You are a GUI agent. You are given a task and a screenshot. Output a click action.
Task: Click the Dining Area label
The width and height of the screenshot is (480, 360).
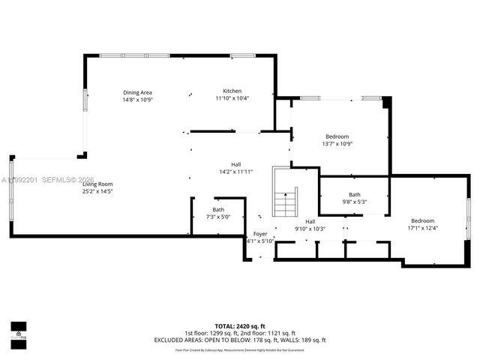pyautogui.click(x=137, y=92)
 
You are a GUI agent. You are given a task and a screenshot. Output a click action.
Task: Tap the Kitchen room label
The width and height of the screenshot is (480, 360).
pyautogui.click(x=232, y=91)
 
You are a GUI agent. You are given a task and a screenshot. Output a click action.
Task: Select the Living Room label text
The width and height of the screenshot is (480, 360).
pyautogui.click(x=97, y=184)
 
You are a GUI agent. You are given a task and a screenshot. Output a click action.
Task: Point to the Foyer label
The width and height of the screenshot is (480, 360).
pyautogui.click(x=260, y=234)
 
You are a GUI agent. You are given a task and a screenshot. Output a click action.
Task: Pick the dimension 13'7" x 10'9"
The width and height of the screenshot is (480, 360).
pyautogui.click(x=337, y=143)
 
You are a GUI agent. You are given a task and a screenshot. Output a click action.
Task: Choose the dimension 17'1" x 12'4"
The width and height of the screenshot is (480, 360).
pyautogui.click(x=422, y=228)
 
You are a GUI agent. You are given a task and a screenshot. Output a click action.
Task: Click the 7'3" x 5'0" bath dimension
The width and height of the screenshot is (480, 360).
pyautogui.click(x=217, y=217)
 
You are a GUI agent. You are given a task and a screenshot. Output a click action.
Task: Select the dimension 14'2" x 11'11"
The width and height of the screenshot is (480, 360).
pyautogui.click(x=235, y=172)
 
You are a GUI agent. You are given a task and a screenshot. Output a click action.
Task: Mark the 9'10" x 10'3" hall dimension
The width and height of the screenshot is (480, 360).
pyautogui.click(x=310, y=228)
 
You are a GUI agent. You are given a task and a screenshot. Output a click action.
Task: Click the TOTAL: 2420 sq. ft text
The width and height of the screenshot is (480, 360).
pyautogui.click(x=240, y=326)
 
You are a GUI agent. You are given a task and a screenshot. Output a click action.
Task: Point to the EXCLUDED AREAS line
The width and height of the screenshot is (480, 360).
pyautogui.click(x=240, y=340)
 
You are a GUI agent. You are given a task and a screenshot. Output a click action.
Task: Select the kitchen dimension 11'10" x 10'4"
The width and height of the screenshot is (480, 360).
pyautogui.click(x=232, y=98)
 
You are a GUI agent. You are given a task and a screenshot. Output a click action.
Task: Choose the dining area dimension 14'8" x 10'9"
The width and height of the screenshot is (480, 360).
pyautogui.click(x=137, y=100)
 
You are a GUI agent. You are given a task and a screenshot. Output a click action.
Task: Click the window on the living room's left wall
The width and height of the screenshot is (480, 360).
pyautogui.click(x=10, y=187)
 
